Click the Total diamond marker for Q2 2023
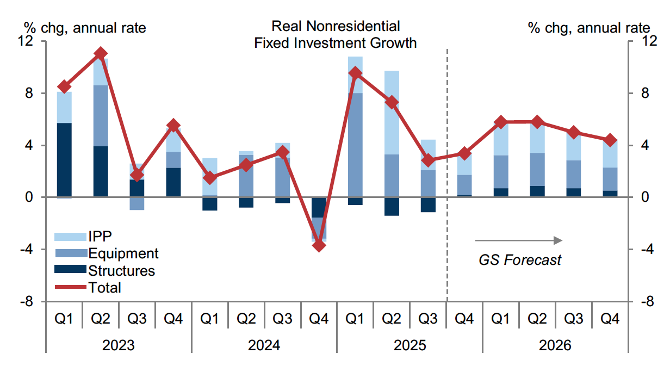point(101,53)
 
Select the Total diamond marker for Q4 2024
point(319,245)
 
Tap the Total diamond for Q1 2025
point(355,73)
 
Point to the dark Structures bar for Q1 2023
point(64,160)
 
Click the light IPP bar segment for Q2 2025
point(392,113)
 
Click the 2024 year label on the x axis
point(264,346)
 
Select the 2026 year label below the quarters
point(555,346)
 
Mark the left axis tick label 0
point(30,197)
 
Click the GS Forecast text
point(519,260)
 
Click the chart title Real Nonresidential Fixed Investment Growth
point(336,34)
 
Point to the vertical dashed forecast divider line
point(446,163)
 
